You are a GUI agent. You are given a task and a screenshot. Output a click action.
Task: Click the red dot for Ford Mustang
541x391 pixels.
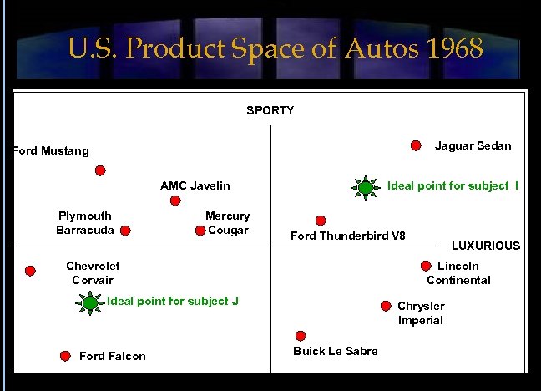(x=100, y=170)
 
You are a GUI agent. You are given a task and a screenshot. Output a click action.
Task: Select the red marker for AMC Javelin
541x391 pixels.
(x=175, y=201)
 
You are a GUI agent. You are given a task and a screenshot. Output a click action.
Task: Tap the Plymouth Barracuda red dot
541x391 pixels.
(x=125, y=230)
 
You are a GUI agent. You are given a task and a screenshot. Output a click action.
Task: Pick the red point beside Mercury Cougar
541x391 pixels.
(x=201, y=231)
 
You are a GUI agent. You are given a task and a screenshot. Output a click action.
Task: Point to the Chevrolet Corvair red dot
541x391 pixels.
(x=31, y=271)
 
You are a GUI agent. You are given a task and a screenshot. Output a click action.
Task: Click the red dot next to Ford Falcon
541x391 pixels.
(x=65, y=356)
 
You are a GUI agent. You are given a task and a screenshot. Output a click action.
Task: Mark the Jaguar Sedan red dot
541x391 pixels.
(x=416, y=145)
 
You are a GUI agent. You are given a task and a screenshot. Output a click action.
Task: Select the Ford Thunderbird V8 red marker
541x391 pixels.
(x=320, y=221)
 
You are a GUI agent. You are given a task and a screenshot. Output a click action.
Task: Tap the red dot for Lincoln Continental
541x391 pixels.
(x=427, y=267)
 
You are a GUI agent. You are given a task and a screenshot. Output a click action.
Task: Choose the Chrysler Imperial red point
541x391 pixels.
(x=386, y=307)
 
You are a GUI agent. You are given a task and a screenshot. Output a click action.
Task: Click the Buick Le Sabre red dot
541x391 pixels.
(x=301, y=335)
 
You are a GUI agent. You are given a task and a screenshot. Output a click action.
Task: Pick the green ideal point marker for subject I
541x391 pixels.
(x=366, y=187)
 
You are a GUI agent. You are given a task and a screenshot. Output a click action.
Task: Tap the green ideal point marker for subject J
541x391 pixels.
(x=89, y=302)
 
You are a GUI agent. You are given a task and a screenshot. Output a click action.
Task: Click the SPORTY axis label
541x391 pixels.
(x=270, y=110)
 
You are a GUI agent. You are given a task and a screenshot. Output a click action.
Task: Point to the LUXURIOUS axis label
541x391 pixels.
(x=485, y=246)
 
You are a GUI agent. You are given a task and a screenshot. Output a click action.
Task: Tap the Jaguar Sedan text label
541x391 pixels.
(x=473, y=145)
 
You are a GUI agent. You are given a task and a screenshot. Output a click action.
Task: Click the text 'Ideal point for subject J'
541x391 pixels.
(x=173, y=301)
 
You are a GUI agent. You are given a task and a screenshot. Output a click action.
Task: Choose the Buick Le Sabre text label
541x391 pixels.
(x=336, y=351)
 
